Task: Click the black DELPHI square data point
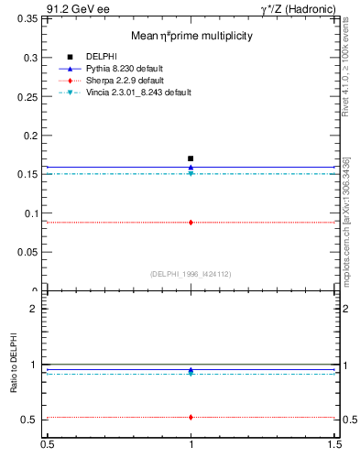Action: [x=191, y=158]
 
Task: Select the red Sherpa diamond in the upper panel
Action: [x=191, y=222]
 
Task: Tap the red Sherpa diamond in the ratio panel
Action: [x=191, y=417]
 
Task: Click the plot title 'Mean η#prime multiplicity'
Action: [x=190, y=36]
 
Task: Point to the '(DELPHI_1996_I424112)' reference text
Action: [x=191, y=274]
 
